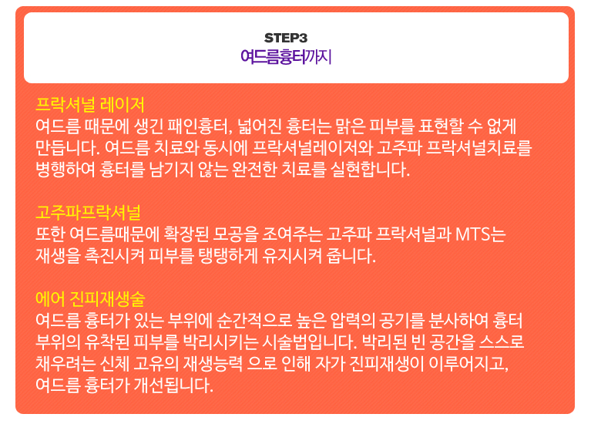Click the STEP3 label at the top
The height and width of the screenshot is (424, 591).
point(286,38)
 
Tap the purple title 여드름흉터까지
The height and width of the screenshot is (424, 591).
point(286,57)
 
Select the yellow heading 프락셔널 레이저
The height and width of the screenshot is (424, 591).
point(90,105)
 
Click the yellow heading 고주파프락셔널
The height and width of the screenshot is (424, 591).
point(88,212)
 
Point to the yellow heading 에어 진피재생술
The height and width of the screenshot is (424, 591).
point(90,299)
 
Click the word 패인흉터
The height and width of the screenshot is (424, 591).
point(200,126)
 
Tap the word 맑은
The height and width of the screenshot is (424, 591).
point(350,126)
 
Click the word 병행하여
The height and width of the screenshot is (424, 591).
point(65,170)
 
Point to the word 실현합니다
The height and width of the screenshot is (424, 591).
point(370,170)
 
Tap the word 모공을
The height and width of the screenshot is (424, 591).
point(236,234)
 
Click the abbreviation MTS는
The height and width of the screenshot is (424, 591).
point(481,234)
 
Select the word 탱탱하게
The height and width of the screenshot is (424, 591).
point(228,255)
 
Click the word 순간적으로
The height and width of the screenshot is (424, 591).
point(255,320)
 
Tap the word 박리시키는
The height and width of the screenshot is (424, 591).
point(220,342)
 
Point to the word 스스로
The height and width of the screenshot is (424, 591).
point(502,342)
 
